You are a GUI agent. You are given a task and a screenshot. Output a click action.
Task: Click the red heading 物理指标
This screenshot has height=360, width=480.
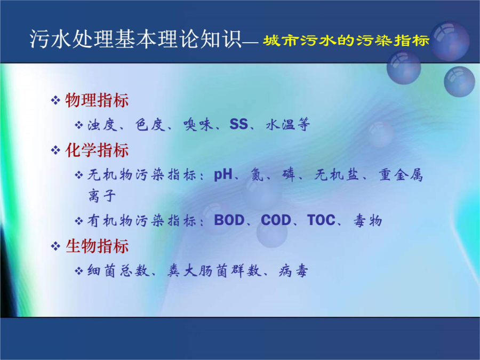click(97, 100)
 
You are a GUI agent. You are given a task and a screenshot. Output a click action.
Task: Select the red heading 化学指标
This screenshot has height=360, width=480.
click(97, 150)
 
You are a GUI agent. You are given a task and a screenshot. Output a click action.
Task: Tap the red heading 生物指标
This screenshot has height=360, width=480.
click(97, 246)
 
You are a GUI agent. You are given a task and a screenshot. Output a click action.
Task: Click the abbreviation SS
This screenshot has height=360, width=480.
click(239, 124)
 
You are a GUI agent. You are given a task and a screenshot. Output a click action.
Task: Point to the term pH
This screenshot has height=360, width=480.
click(223, 175)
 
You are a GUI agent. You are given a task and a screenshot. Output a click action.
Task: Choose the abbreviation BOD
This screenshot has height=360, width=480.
click(229, 220)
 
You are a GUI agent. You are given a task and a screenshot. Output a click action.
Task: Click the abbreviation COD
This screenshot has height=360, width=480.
click(276, 220)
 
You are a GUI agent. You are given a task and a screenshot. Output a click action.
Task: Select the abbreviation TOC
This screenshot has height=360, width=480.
click(322, 220)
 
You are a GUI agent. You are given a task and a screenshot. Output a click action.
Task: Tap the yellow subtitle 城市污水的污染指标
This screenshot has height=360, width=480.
click(346, 41)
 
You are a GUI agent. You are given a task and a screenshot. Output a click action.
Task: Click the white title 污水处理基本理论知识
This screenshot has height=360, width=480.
click(136, 39)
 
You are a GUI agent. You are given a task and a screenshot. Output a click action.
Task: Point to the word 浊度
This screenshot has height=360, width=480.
click(102, 125)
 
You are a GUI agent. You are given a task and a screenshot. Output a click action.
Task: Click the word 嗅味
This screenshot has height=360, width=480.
click(198, 125)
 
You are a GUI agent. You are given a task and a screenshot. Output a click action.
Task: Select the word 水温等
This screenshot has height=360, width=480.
click(288, 125)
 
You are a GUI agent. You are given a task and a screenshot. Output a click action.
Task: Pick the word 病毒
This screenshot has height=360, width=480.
click(293, 271)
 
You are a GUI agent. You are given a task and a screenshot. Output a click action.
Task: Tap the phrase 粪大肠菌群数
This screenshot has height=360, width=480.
click(214, 271)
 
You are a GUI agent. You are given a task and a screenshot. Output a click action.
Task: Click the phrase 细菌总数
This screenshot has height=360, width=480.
click(118, 271)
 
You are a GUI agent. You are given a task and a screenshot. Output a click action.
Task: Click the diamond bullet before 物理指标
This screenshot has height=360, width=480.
click(55, 100)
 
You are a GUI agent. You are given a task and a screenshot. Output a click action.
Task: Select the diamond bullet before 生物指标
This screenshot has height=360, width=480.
click(55, 246)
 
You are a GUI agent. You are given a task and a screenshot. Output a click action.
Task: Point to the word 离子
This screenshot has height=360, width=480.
click(102, 196)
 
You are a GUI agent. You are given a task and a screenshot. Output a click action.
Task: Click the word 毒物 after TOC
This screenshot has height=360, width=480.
click(367, 220)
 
